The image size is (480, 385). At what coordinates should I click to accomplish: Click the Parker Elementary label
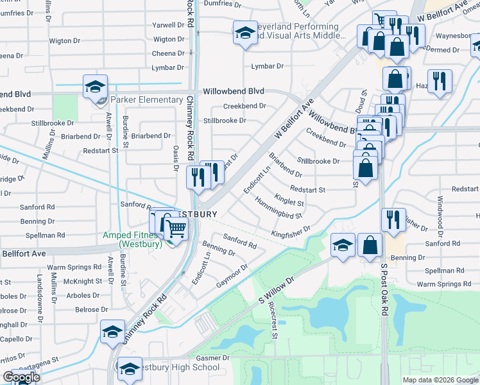pyautogui.click(x=146, y=100)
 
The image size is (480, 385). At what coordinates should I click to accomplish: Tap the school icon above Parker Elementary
pyautogui.click(x=94, y=86)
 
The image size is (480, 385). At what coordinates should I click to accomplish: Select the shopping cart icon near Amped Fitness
pyautogui.click(x=176, y=228)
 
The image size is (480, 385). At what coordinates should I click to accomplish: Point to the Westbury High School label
pyautogui.click(x=176, y=368)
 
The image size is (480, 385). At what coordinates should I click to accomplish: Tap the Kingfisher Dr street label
pyautogui.click(x=291, y=232)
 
